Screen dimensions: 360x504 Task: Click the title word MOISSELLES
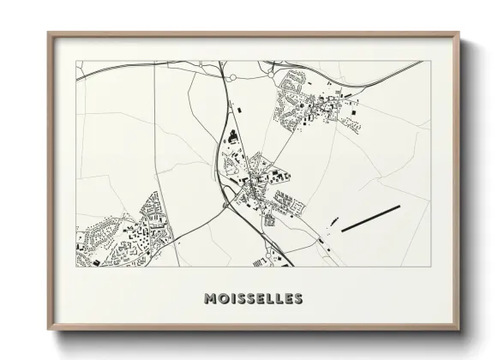(x=252, y=299)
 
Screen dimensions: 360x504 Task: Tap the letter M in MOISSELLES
(x=209, y=299)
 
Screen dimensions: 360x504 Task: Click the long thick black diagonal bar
(x=370, y=219)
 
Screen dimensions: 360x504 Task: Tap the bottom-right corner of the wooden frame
(x=459, y=333)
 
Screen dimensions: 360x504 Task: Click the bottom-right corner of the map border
(x=429, y=266)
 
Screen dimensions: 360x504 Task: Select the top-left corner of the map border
(x=77, y=61)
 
